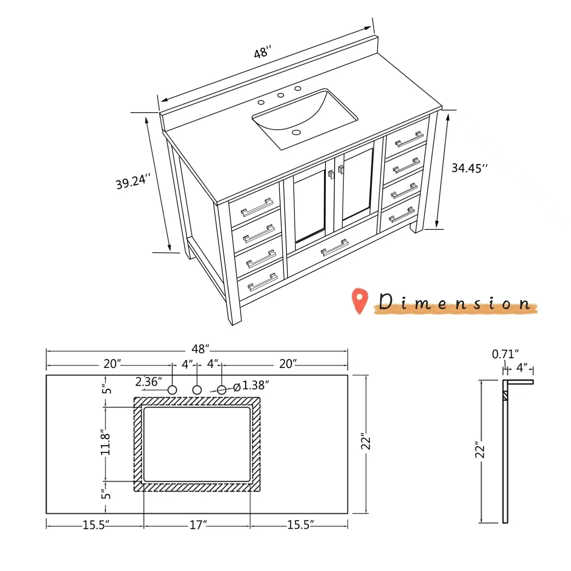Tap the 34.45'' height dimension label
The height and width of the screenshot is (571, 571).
coord(469,168)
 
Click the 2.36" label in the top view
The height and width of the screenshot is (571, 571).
coord(148,382)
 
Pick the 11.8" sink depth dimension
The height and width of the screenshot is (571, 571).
coord(105,444)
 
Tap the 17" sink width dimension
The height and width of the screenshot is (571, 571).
coord(198,525)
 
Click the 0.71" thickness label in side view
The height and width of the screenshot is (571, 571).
coord(505,354)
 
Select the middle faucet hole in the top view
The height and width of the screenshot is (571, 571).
coord(197,390)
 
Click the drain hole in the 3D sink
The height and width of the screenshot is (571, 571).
coord(296,132)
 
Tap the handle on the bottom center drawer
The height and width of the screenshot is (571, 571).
coord(334,248)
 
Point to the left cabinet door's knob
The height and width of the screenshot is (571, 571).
coord(331,174)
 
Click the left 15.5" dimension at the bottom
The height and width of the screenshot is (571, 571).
coord(96,525)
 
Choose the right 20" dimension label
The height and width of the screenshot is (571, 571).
coord(288,364)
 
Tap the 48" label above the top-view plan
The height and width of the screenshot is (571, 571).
coord(200,349)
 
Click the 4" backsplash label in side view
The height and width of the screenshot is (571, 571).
coord(522,368)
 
